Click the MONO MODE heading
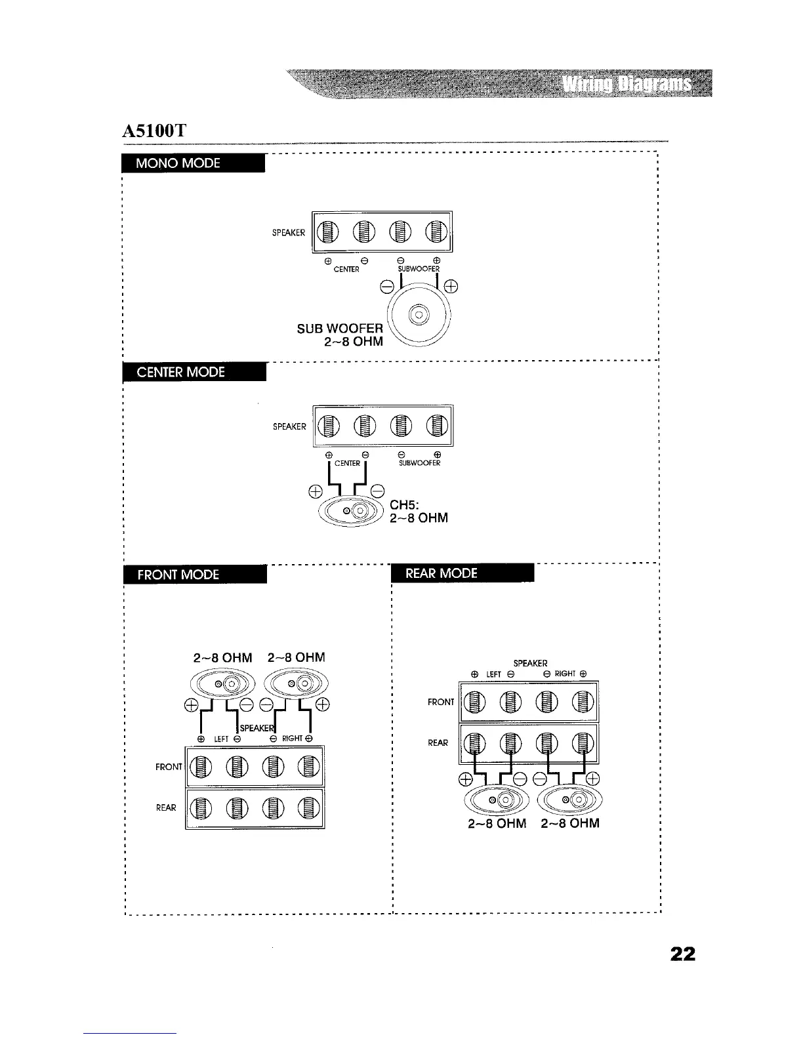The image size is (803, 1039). click(x=178, y=163)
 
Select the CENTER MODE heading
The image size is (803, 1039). click(x=180, y=372)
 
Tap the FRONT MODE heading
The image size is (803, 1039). click(x=178, y=575)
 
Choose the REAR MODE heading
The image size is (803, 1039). click(x=442, y=573)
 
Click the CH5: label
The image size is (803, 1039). click(x=404, y=506)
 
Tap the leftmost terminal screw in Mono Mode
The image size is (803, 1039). click(x=329, y=231)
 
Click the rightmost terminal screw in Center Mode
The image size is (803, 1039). click(x=436, y=426)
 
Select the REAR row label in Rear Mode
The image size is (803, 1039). click(x=438, y=743)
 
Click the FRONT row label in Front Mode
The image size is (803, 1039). click(x=168, y=767)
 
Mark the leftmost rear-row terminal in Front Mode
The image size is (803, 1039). click(x=202, y=808)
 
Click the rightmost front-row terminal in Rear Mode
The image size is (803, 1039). click(x=583, y=703)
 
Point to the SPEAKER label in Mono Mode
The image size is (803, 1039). click(x=289, y=232)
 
